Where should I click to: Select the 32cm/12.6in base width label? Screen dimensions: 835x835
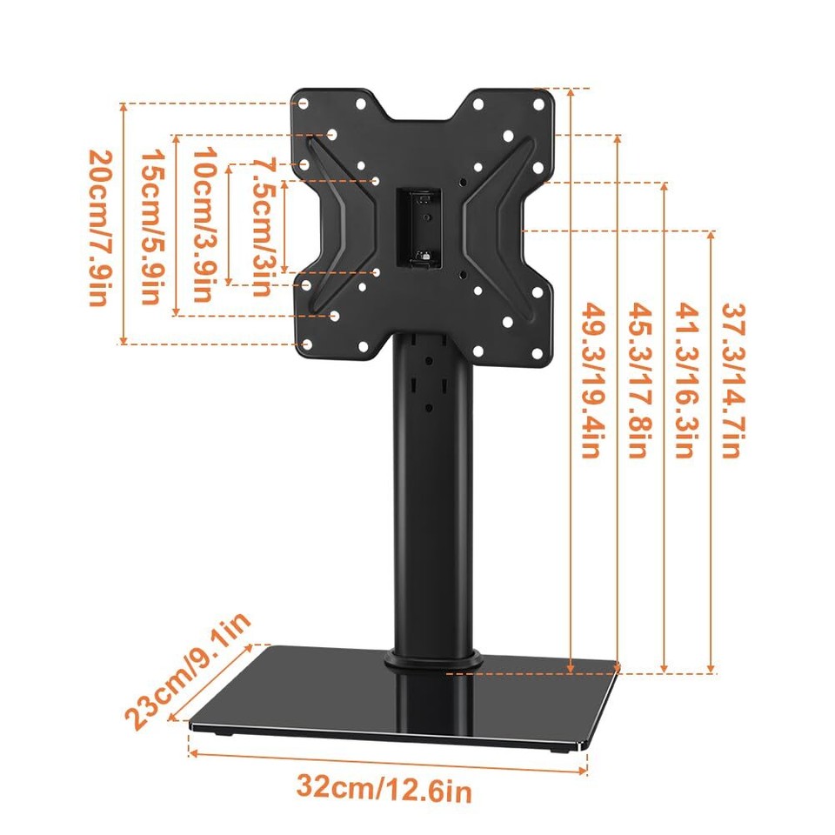384,789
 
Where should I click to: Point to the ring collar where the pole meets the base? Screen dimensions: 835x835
432,658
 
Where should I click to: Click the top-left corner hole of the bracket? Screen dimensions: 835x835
303,104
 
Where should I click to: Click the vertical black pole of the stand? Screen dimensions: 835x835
432,504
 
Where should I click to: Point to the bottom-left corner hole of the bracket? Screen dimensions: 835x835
306,345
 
